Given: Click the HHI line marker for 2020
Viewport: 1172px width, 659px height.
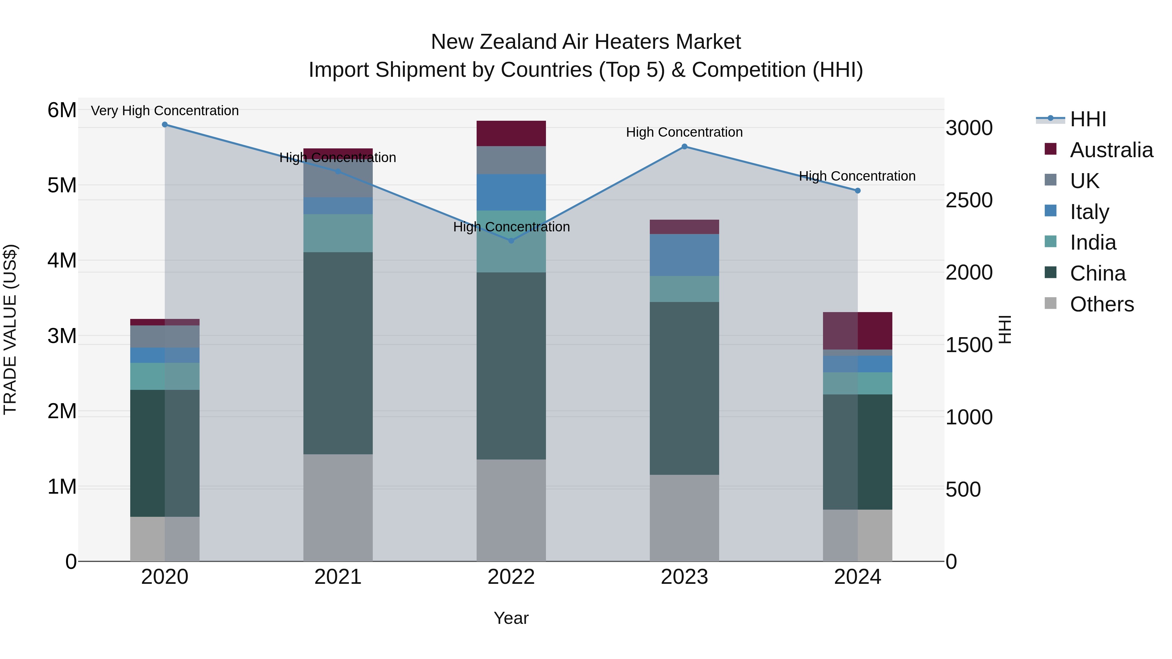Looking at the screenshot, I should point(165,125).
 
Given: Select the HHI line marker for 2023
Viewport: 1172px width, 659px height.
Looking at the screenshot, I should point(684,146).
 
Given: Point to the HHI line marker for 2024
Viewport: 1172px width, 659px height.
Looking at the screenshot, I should point(858,191).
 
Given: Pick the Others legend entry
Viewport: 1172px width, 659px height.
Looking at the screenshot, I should point(1101,304).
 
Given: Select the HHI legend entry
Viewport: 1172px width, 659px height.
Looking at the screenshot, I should point(1087,119).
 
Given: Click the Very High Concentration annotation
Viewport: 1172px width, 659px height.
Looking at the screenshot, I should point(165,111).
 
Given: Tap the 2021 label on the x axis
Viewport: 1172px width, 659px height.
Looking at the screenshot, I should point(338,577).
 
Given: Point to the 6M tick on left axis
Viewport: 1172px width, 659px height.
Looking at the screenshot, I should point(62,110).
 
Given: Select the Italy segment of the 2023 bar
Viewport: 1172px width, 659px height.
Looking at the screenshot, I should point(684,255).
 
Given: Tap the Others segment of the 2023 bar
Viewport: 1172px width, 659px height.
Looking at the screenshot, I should point(684,518).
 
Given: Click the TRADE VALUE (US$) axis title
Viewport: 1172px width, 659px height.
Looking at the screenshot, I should point(10,329).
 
